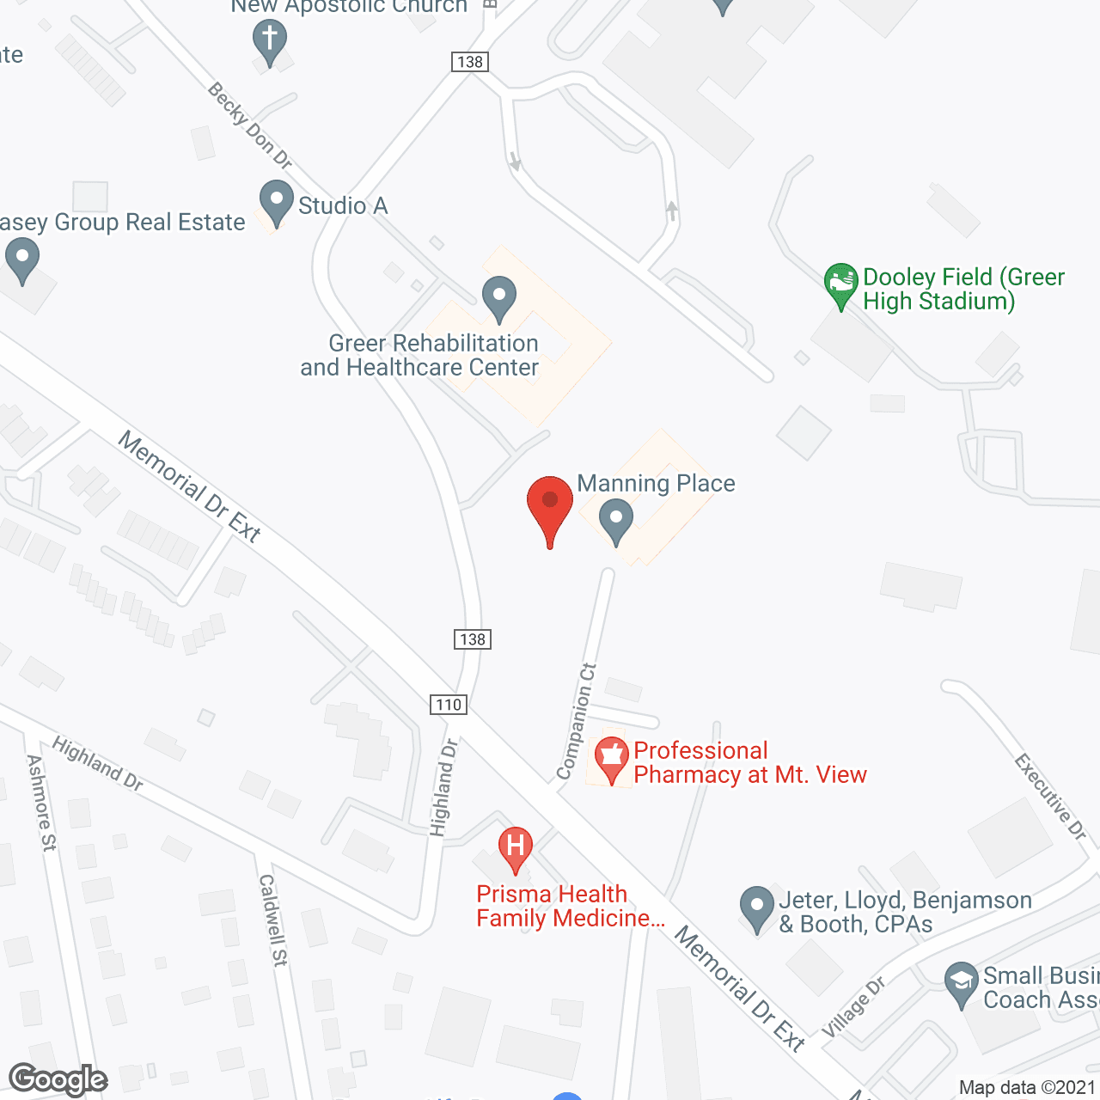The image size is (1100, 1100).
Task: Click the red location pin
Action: pyautogui.click(x=550, y=504)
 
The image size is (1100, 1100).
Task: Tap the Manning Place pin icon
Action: pyautogui.click(x=615, y=522)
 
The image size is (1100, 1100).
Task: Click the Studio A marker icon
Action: pyautogui.click(x=276, y=203)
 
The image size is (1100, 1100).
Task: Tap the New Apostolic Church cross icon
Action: pyautogui.click(x=270, y=41)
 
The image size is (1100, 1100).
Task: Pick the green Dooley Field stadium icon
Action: pyautogui.click(x=840, y=284)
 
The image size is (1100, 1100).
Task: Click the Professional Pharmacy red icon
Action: pyautogui.click(x=611, y=759)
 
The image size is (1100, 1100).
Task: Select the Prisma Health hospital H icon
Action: pyautogui.click(x=516, y=847)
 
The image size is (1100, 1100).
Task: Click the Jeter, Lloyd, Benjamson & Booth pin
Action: pyautogui.click(x=756, y=907)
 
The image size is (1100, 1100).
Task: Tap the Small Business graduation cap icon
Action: pyautogui.click(x=961, y=983)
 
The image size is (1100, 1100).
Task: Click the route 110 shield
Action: pyautogui.click(x=449, y=705)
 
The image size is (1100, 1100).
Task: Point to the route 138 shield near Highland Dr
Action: pyautogui.click(x=472, y=639)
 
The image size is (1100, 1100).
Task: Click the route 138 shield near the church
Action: pyautogui.click(x=470, y=62)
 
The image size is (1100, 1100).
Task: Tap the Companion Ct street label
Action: pyautogui.click(x=577, y=722)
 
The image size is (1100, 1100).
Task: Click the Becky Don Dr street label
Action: pyautogui.click(x=250, y=125)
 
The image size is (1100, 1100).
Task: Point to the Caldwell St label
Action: pyautogui.click(x=272, y=920)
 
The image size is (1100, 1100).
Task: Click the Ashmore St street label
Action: pyautogui.click(x=41, y=803)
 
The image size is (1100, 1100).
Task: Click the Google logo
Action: pyautogui.click(x=58, y=1079)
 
